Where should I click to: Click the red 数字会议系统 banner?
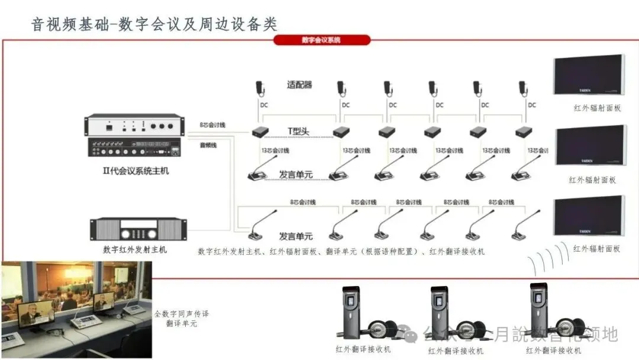(321, 40)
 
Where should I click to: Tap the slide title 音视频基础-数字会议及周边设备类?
(154, 24)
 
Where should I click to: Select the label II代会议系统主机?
(136, 171)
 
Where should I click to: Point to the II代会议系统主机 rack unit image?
(135, 138)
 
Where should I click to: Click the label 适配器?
(299, 85)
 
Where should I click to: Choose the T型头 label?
(299, 130)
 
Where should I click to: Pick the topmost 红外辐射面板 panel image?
(589, 75)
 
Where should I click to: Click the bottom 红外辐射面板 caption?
(597, 249)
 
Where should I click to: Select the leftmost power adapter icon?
(260, 88)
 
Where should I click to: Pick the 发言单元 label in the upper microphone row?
(296, 175)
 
